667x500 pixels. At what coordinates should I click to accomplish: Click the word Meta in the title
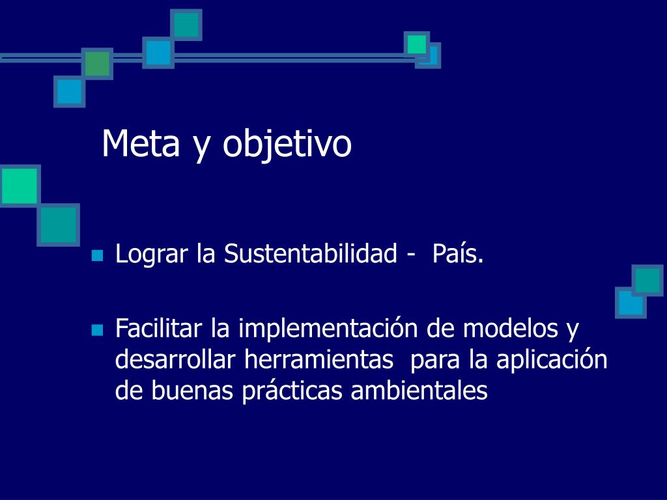[x=141, y=143]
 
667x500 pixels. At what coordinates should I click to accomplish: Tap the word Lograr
[x=151, y=255]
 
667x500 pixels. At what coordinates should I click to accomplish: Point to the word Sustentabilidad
[x=311, y=253]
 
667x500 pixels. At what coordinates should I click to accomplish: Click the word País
[x=458, y=253]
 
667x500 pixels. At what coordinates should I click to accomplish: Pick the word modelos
[x=511, y=329]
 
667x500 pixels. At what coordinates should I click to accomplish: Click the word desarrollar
[x=175, y=359]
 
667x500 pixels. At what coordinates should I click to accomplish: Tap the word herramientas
[x=319, y=359]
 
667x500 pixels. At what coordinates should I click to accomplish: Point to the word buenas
[x=192, y=391]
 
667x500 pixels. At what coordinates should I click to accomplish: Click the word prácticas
[x=292, y=391]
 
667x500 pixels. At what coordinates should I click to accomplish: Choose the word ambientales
[x=419, y=391]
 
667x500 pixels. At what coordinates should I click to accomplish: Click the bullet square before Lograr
[x=98, y=255]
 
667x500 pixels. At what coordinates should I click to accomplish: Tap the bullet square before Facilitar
[x=98, y=330]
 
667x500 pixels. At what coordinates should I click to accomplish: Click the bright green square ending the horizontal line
[x=417, y=44]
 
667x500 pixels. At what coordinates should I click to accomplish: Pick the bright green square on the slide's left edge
[x=20, y=186]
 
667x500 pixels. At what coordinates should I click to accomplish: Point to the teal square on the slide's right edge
[x=647, y=280]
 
